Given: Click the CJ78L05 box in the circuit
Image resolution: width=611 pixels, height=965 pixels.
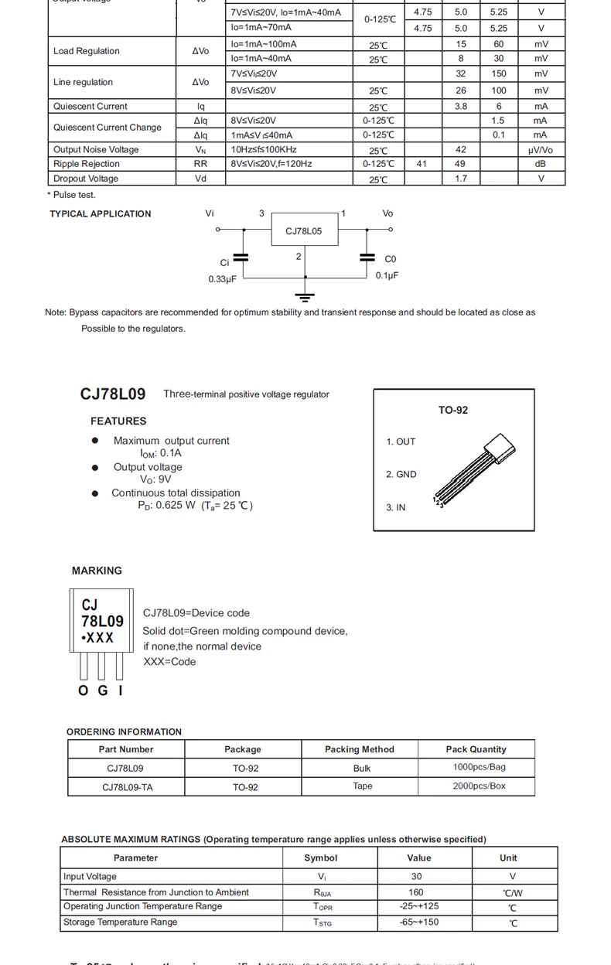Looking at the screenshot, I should [304, 230].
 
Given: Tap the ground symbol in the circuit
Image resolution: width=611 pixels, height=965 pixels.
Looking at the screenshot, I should [305, 296].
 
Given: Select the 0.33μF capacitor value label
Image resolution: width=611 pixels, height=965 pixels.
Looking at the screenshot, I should [222, 279].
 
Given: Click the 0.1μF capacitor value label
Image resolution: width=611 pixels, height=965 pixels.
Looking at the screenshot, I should [387, 275].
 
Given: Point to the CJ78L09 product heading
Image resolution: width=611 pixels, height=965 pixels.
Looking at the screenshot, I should [113, 394].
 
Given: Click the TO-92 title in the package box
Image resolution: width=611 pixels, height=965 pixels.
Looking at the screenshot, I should [453, 410].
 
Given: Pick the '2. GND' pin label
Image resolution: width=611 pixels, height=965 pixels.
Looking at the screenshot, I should [401, 474].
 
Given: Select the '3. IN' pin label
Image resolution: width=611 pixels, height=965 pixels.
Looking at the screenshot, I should [395, 507].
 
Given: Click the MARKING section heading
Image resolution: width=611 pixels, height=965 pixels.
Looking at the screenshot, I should [97, 571].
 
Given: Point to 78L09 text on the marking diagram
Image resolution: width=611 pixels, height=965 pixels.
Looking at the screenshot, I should [102, 621].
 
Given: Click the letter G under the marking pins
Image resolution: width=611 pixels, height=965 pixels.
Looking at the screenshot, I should [103, 691].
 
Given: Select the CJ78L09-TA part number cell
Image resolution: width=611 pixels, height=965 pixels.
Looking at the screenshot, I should [126, 787].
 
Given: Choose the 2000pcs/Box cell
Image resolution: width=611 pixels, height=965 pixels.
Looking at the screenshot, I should [479, 786].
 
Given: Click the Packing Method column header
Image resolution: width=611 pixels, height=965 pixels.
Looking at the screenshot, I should [359, 749].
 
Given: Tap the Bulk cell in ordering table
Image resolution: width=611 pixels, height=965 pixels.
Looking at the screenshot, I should [362, 768].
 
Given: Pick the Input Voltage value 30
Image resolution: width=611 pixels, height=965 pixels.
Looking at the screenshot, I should [417, 876].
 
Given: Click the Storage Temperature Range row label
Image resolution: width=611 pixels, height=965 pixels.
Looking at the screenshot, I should [120, 922].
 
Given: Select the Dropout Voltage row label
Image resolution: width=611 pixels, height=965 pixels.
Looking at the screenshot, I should [86, 179].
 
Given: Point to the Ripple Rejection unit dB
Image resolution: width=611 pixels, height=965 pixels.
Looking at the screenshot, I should [541, 164].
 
